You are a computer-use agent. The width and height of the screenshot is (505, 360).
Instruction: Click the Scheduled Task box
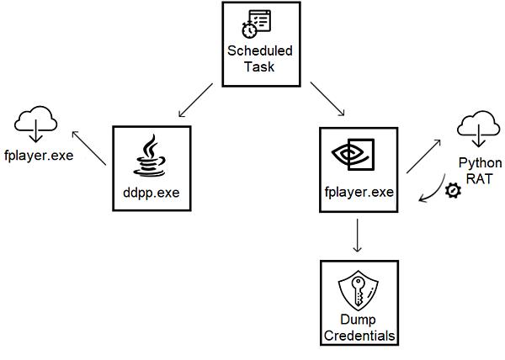coord(260,44)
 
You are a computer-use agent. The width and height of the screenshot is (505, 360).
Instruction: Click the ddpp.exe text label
coord(151,193)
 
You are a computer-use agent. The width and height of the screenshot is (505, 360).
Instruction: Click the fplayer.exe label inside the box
coord(359,192)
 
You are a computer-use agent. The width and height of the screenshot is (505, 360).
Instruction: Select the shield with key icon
coord(359,294)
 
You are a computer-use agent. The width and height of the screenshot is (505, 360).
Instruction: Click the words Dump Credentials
coord(359,327)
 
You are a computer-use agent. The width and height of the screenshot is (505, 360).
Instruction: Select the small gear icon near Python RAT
coord(454,191)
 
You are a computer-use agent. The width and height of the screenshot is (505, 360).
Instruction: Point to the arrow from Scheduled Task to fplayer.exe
coord(327,99)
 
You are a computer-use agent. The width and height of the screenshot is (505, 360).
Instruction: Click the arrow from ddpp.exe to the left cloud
coord(88,148)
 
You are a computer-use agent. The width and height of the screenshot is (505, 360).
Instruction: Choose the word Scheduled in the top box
coord(260,51)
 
